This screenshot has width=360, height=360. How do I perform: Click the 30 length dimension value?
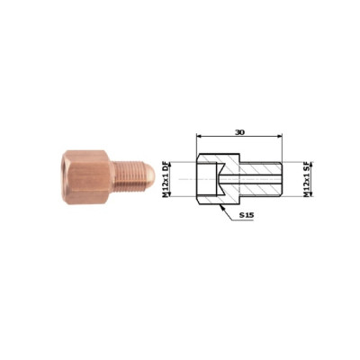pos(239,132)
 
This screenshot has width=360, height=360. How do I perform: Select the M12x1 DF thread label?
pos(166,179)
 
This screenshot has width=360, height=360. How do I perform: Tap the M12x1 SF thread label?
pos(306,179)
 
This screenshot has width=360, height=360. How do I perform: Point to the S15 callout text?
pos(247,215)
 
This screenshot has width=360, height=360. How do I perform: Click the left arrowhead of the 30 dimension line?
pos(199,137)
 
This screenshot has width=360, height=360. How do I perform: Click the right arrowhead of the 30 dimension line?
pos(280,137)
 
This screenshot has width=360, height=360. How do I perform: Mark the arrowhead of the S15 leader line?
pos(221,207)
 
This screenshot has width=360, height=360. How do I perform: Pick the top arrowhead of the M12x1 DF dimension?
pos(170,165)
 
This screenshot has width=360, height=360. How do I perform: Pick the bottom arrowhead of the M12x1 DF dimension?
pos(170,194)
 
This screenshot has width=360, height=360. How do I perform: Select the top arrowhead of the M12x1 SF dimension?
pos(311,165)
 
